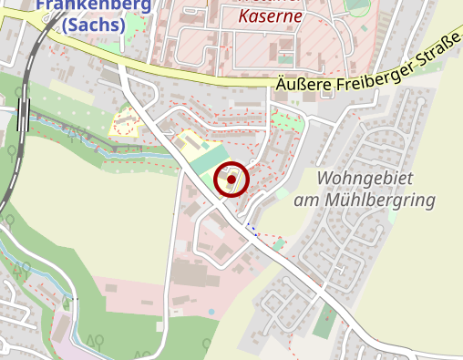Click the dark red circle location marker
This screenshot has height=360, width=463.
click(x=231, y=180)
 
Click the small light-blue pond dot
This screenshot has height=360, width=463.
click(x=212, y=312)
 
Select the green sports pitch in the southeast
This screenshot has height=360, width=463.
click(x=324, y=320)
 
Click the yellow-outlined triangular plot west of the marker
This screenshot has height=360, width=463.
click(x=124, y=123)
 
